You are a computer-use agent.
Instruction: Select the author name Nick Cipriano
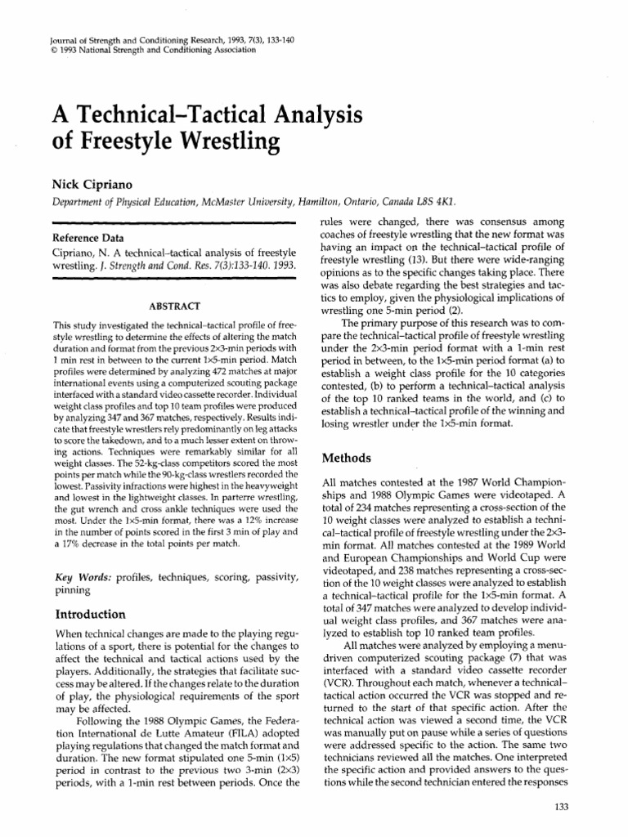[x=83, y=182]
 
